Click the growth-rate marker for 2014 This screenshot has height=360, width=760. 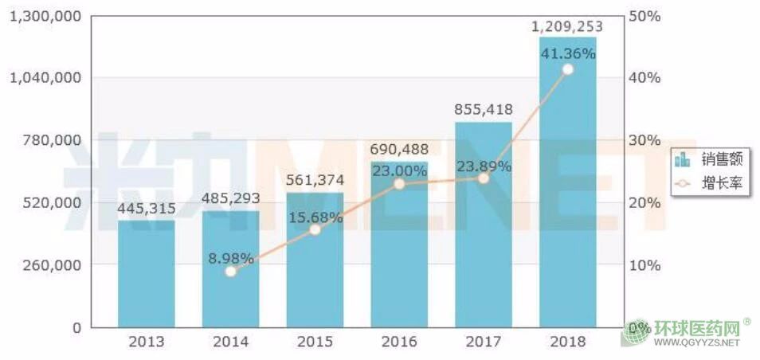click(x=230, y=272)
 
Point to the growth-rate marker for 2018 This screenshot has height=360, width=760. click(x=567, y=69)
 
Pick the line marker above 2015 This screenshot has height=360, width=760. click(x=315, y=229)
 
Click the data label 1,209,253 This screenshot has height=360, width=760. click(x=567, y=26)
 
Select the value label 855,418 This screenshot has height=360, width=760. click(x=484, y=110)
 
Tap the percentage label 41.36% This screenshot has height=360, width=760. click(x=567, y=54)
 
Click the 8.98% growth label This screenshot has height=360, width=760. click(x=231, y=258)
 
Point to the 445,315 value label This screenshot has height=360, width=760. click(x=147, y=209)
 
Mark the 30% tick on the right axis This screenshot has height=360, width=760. click(x=644, y=140)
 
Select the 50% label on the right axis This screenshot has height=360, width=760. click(x=644, y=15)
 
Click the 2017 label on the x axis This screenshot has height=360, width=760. click(x=484, y=342)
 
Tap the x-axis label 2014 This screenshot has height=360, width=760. click(x=231, y=342)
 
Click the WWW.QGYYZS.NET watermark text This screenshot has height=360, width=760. click(x=696, y=343)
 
